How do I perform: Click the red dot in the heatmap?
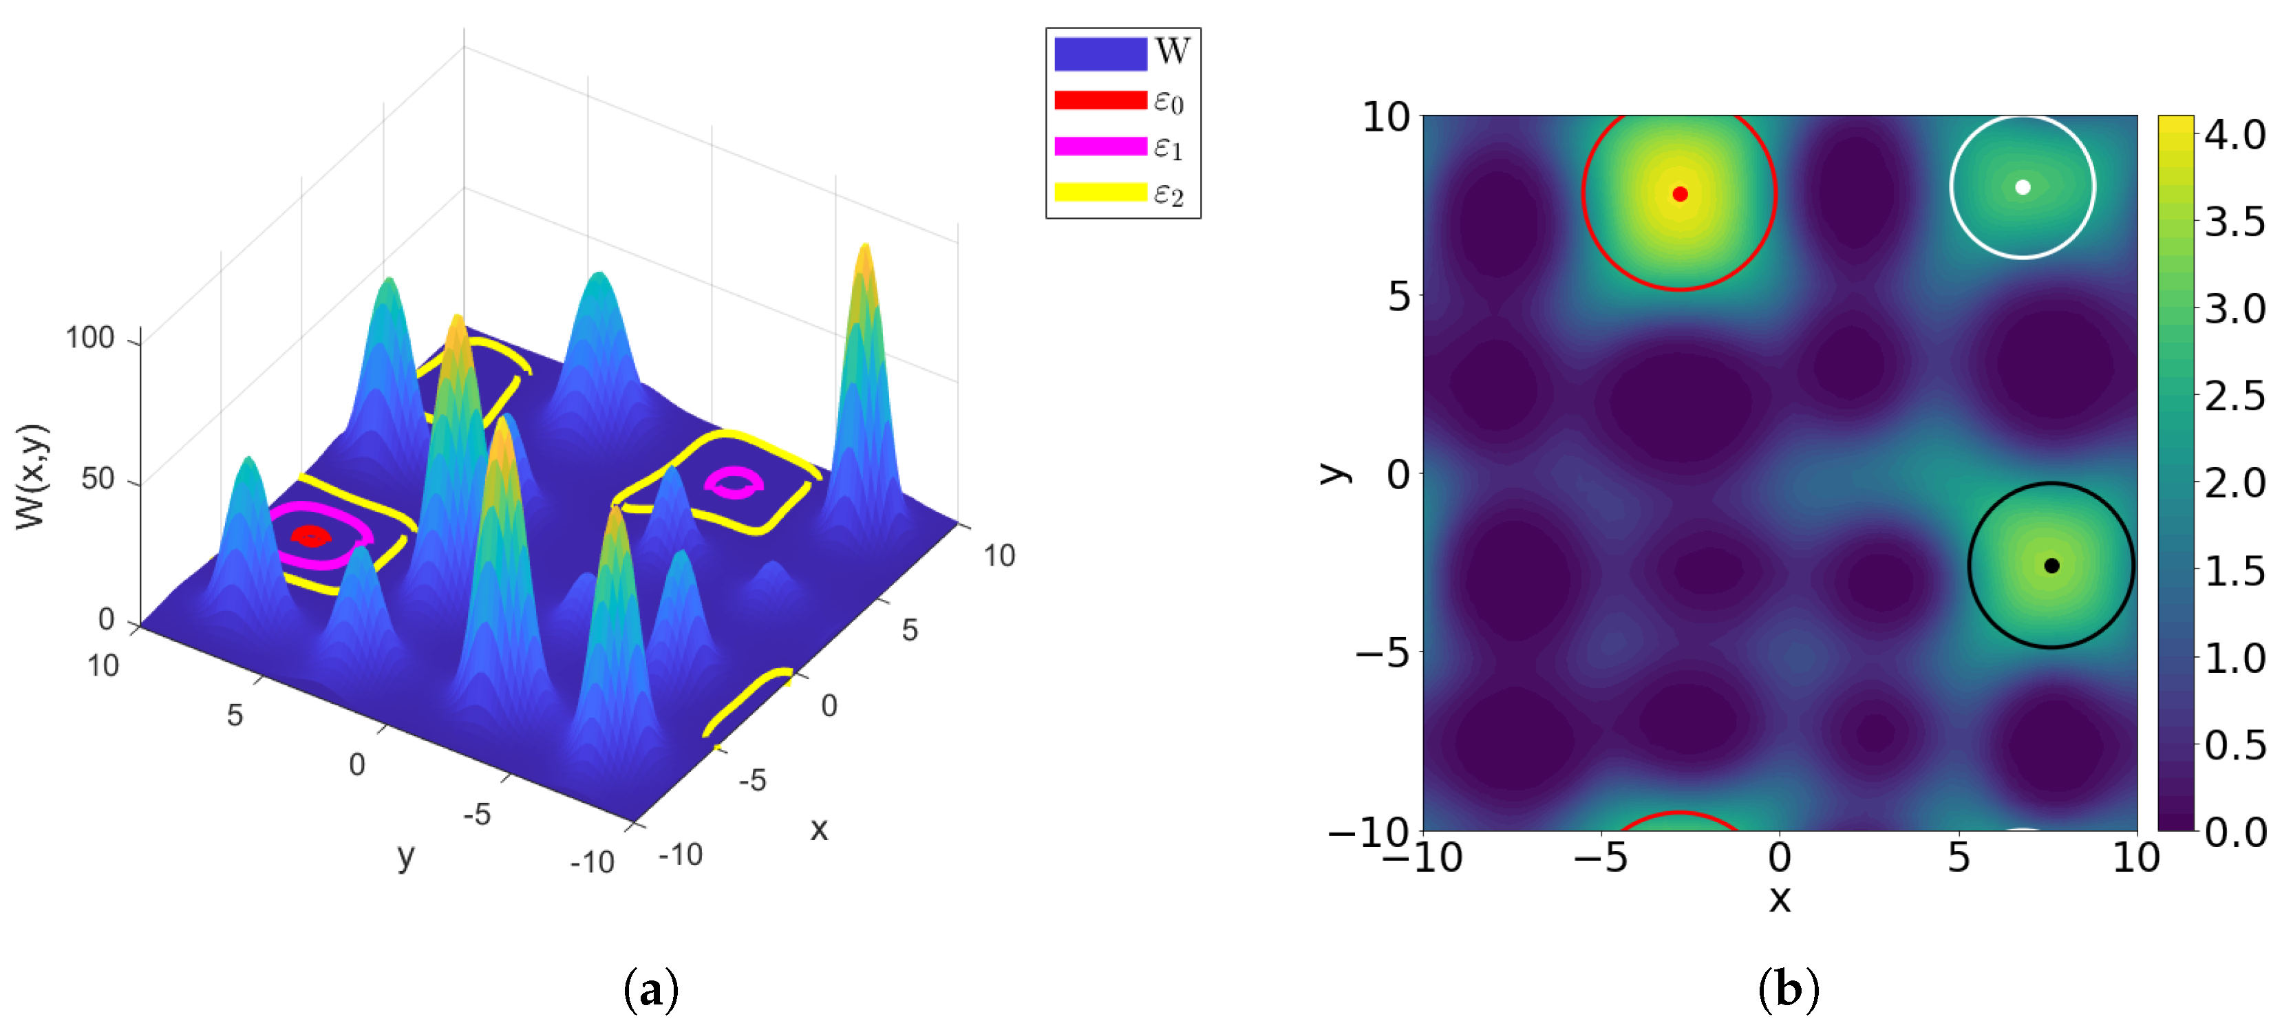tap(1679, 194)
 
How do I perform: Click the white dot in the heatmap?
tap(2023, 187)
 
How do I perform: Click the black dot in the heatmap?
tap(2051, 566)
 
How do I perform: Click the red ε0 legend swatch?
tap(1100, 100)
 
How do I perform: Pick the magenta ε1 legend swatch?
tap(1100, 147)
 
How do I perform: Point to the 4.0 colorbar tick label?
tap(2235, 136)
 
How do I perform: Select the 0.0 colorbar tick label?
tap(2235, 832)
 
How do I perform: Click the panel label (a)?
tap(651, 989)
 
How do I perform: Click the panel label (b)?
tap(1789, 989)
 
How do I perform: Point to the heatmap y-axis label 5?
tap(1398, 297)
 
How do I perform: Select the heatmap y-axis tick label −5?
tap(1383, 654)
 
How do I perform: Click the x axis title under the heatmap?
tap(1780, 899)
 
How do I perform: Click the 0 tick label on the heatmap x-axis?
tap(1780, 859)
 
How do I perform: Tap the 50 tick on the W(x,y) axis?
tap(98, 480)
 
